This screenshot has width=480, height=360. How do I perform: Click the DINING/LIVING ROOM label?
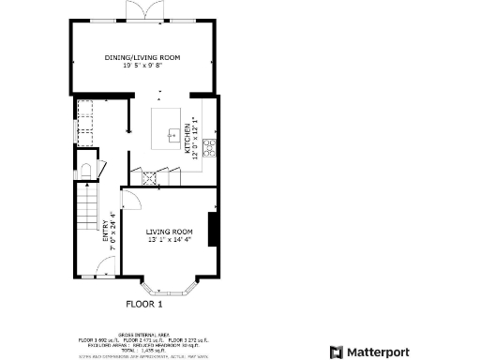coord(142,58)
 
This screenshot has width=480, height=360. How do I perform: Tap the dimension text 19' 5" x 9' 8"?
coord(142,67)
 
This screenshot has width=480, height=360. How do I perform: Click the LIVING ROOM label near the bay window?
coord(170,232)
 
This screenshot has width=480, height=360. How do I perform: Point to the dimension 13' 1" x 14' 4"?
coord(170,240)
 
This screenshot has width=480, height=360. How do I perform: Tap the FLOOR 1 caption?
coord(144,304)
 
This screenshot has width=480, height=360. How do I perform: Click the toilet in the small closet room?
coord(85,170)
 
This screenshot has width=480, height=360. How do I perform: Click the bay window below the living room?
coord(170,285)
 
